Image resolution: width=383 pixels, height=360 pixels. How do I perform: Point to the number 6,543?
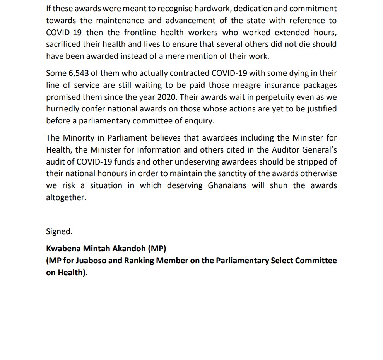77,73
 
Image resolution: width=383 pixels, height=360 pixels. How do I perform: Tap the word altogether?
66,197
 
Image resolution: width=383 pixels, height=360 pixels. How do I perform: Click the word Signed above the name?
59,232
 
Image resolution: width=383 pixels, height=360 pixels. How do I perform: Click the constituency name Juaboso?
91,261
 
